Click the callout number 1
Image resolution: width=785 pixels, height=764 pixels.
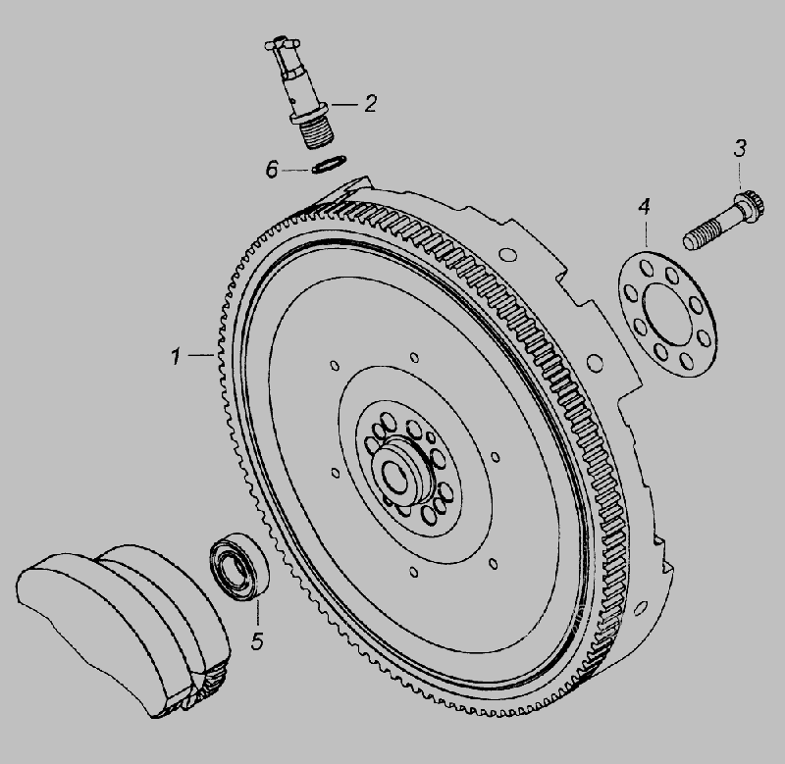point(176,357)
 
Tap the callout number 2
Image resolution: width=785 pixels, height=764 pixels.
point(370,104)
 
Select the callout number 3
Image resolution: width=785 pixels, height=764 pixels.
point(740,149)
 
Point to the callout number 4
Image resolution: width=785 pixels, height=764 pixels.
point(644,207)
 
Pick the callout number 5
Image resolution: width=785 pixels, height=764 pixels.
point(257,641)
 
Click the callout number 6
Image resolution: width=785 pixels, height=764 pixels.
point(272,170)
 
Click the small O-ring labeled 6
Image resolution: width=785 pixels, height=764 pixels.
point(329,164)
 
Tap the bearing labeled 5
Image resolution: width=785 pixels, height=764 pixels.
point(238,566)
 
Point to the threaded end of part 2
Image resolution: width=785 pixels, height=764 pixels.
point(319,135)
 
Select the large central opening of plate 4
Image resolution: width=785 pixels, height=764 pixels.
point(667,314)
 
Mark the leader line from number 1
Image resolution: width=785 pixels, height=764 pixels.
point(202,355)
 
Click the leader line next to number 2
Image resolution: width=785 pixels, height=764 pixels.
point(344,105)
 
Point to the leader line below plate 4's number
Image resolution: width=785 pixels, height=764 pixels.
point(646,233)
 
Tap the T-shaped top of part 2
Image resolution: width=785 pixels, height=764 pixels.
point(283,44)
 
